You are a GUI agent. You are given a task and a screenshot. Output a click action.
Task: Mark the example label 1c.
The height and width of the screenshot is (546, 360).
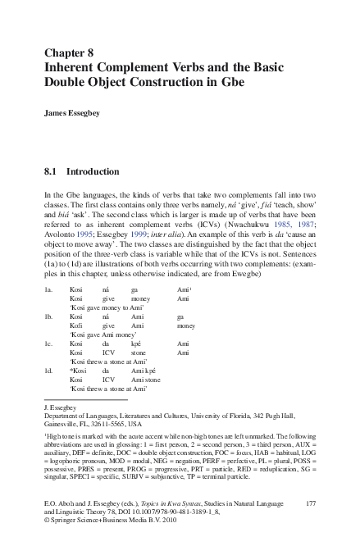coord(48,345)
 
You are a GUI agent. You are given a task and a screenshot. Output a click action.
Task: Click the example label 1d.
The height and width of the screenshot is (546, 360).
coord(48,370)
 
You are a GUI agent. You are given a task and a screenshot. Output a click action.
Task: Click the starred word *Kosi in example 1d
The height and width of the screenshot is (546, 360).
coord(78,370)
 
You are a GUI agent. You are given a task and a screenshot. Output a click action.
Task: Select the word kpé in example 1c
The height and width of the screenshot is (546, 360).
coord(138,345)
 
